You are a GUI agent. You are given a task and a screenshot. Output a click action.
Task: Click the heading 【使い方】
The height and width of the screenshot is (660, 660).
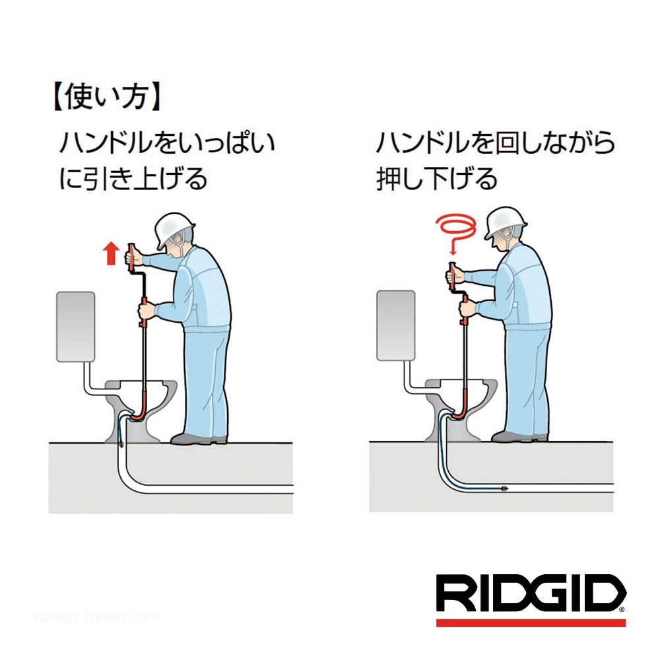click(105, 97)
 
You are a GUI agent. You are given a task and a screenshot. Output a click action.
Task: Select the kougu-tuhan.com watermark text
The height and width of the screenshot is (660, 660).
click(96, 616)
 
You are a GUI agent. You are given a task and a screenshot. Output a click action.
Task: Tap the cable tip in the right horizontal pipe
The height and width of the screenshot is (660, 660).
click(503, 489)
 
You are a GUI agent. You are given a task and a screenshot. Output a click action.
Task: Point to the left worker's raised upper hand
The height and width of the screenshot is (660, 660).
click(133, 255)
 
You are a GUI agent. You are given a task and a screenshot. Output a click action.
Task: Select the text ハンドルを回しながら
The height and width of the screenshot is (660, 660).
click(495, 143)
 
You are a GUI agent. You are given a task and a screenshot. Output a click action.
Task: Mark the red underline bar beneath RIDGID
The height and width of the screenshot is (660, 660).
click(531, 622)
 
